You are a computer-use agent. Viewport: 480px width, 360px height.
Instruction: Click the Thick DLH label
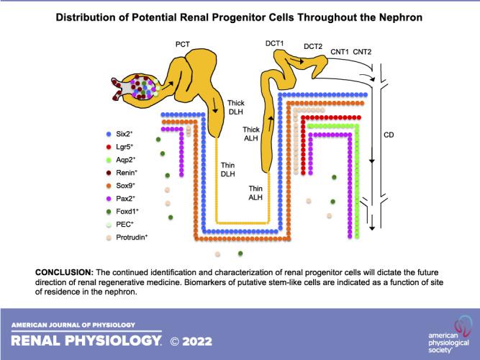tap(237, 107)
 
